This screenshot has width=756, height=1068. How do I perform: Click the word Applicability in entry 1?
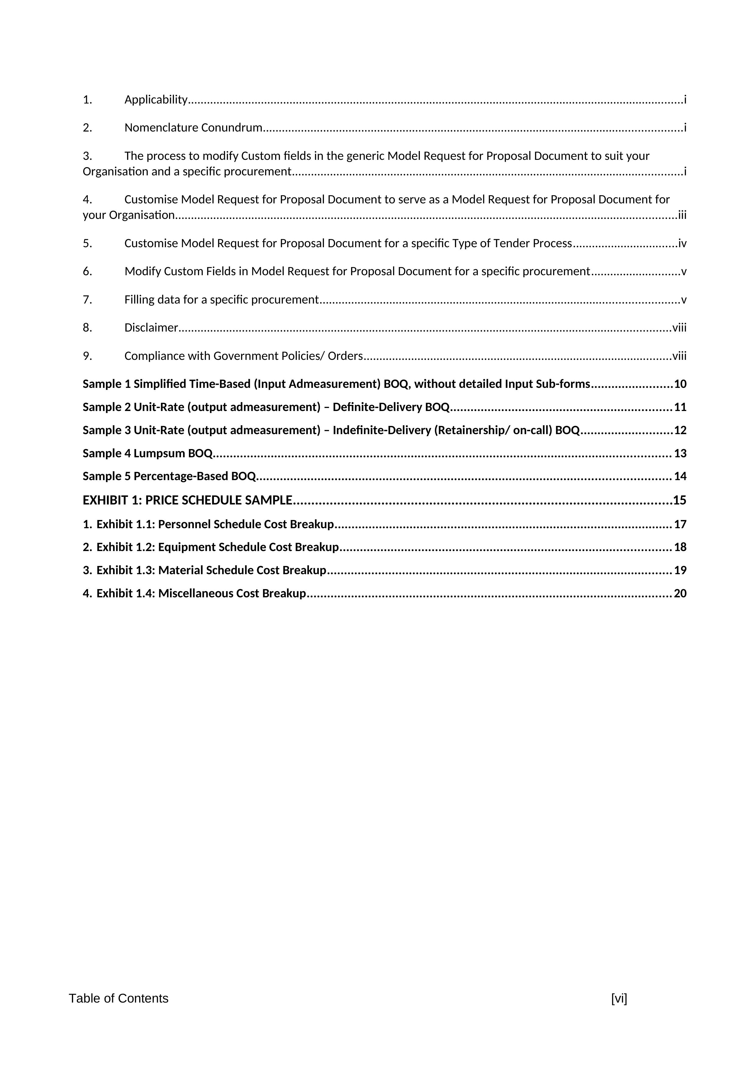pos(155,100)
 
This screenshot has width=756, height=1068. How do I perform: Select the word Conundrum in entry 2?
pos(232,128)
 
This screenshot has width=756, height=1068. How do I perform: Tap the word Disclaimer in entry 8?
pos(151,328)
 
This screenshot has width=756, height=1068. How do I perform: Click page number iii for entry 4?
pos(682,215)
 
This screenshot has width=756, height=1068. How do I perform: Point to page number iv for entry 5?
pos(682,243)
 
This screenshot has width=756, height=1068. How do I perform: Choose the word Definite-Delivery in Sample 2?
pos(377,407)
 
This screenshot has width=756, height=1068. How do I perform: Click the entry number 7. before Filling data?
pos(87,300)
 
